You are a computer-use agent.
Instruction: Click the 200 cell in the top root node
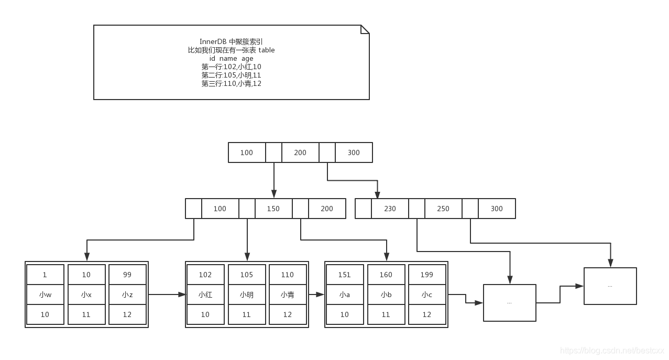[300, 152]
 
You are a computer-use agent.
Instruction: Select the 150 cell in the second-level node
[273, 209]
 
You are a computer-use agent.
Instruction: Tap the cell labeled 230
[390, 209]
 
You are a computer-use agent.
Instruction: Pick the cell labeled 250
[443, 209]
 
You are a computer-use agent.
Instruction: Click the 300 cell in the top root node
[354, 152]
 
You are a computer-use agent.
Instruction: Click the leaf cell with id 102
[205, 275]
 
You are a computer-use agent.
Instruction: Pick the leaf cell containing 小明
[247, 294]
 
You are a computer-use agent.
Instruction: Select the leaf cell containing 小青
[288, 294]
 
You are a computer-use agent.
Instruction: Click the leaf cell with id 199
[427, 275]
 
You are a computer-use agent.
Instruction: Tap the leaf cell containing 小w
[45, 294]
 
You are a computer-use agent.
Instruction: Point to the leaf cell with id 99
[127, 275]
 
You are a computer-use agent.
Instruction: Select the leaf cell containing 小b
[386, 294]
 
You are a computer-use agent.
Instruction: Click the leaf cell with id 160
[386, 275]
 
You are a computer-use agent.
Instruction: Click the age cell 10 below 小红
[205, 314]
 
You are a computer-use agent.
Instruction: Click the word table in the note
[266, 50]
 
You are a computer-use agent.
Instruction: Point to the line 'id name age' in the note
[231, 59]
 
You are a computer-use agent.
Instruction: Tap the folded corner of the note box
[366, 29]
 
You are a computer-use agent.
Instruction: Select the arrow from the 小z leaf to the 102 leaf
[167, 294]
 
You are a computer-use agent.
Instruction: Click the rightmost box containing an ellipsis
[610, 286]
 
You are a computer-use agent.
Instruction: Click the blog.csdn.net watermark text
[611, 351]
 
